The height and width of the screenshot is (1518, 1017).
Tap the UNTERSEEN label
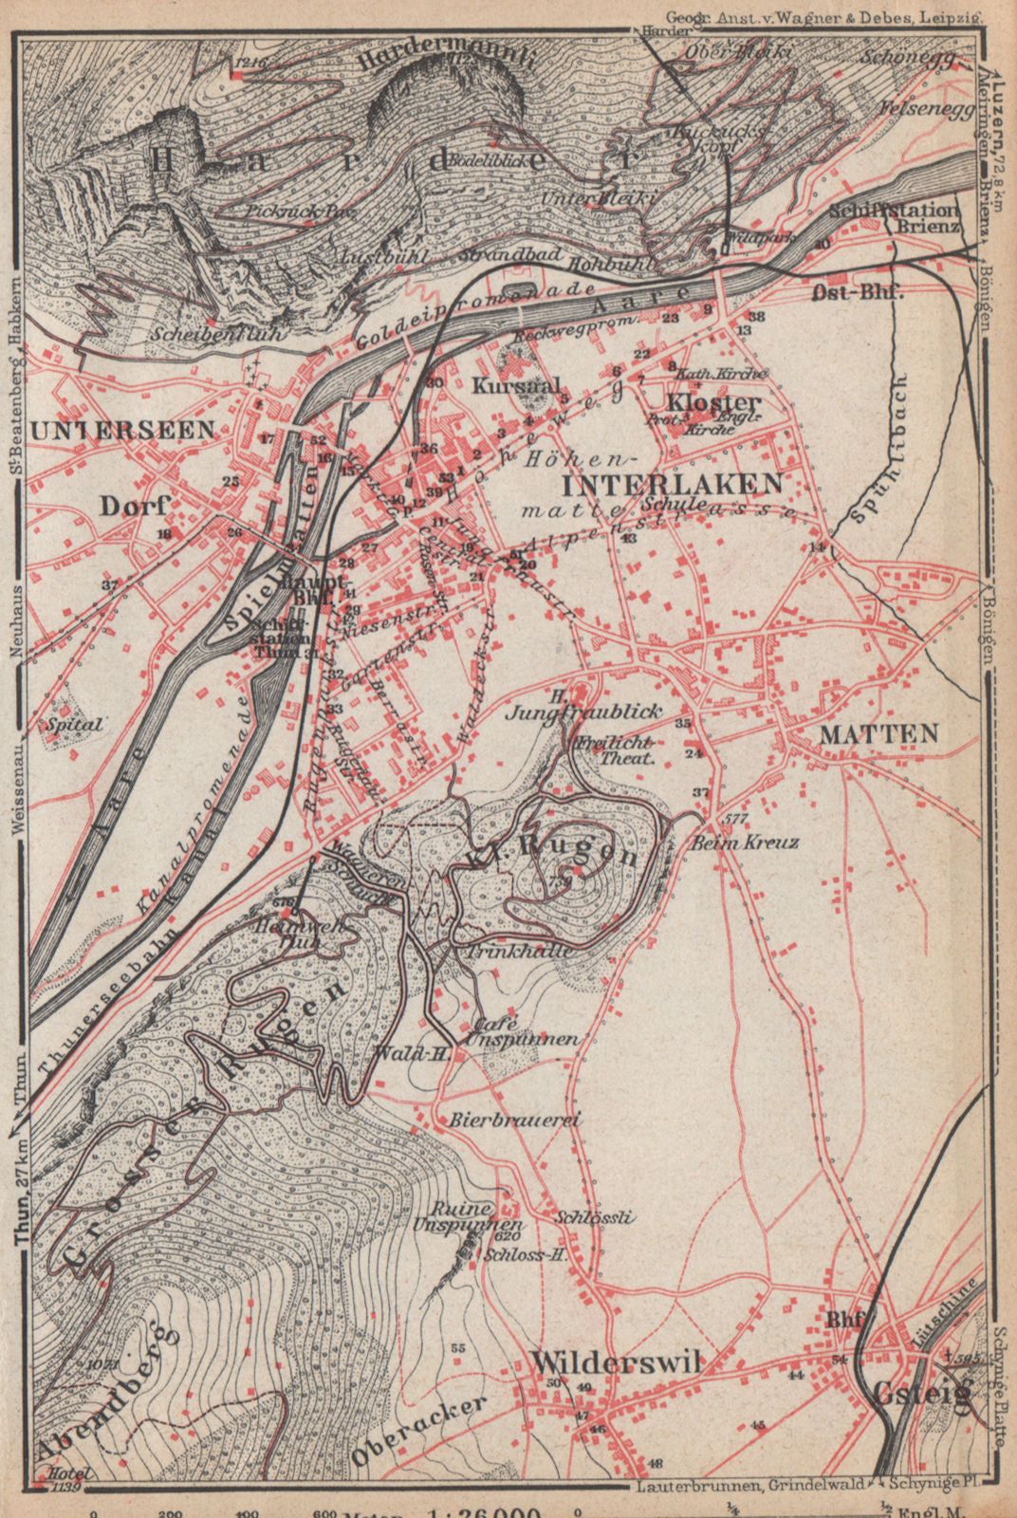point(123,430)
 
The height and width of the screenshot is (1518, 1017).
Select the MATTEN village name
point(878,733)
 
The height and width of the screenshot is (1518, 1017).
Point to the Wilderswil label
point(616,1361)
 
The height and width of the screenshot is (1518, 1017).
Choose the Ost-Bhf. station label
point(858,292)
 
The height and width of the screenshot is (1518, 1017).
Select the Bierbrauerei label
point(515,1120)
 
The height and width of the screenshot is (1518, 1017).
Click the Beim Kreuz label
point(746,842)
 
